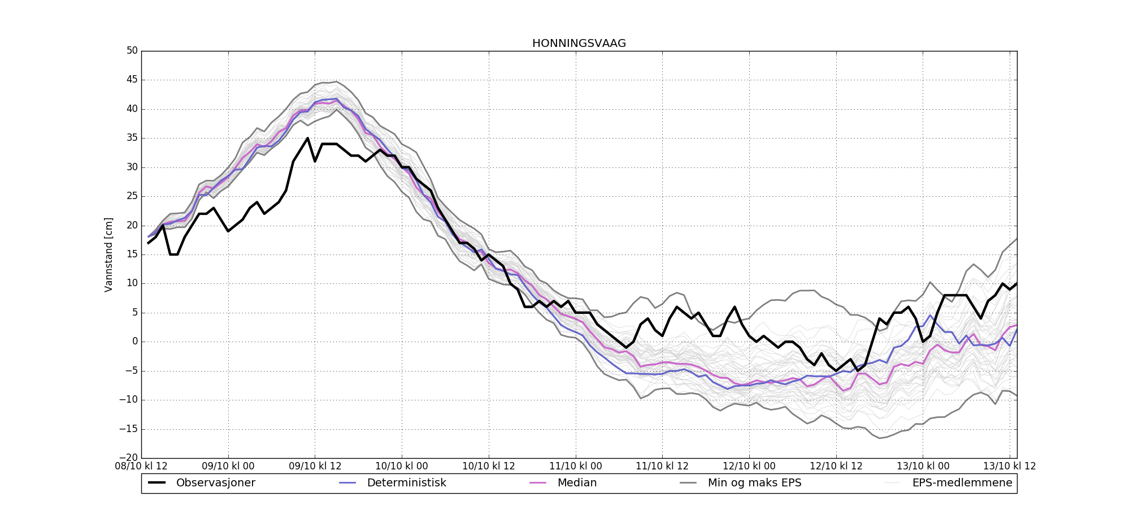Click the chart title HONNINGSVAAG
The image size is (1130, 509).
(x=579, y=44)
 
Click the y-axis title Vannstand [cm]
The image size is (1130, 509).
(x=108, y=255)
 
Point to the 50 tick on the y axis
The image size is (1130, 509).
(x=132, y=51)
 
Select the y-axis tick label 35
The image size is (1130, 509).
(x=132, y=138)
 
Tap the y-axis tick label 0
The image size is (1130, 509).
(x=135, y=342)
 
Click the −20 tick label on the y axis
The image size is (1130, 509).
(x=130, y=458)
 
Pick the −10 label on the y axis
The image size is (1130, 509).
(x=130, y=400)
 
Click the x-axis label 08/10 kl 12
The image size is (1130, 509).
(x=141, y=467)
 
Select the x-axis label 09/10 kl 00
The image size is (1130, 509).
(x=228, y=467)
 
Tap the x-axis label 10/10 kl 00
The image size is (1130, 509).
(x=402, y=467)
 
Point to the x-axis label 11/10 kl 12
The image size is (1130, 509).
(x=662, y=467)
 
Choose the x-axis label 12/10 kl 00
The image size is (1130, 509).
(x=749, y=467)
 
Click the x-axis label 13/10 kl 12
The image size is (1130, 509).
(x=1010, y=467)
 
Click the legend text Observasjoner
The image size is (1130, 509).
(x=215, y=483)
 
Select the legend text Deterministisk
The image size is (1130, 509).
(x=406, y=483)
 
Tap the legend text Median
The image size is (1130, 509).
(x=577, y=483)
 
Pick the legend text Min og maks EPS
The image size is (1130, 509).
(x=754, y=483)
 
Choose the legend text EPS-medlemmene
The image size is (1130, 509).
(x=962, y=483)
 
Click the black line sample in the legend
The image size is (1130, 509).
(x=157, y=483)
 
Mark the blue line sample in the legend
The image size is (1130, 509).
(x=347, y=483)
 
